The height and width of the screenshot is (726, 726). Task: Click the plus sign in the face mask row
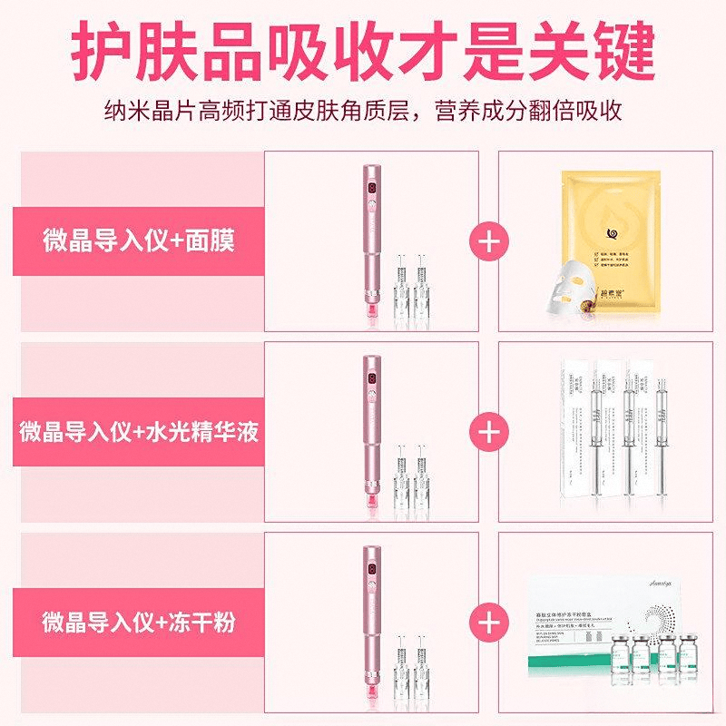coord(488,240)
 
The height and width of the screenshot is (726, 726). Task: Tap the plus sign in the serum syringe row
coord(488,431)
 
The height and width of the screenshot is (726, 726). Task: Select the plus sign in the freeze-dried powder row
coord(488,623)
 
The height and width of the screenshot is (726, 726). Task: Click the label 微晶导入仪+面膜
coord(138,240)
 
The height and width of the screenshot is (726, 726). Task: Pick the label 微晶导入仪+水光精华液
coord(138,431)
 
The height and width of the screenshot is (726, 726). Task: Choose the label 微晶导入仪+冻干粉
coord(138,623)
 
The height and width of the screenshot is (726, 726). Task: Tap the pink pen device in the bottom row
coord(371,623)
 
